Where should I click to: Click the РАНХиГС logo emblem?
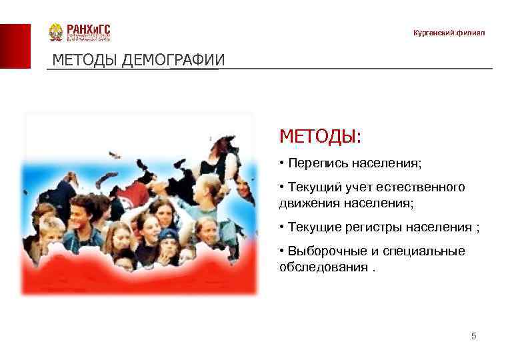[56, 33]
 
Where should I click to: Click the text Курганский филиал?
[449, 33]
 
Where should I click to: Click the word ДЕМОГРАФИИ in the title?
[173, 61]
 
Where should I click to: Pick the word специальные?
[426, 251]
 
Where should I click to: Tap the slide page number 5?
[473, 336]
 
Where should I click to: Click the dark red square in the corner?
[15, 46]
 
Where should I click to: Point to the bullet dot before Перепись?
[283, 163]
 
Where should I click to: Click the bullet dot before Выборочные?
[283, 251]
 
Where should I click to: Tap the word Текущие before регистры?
[313, 227]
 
